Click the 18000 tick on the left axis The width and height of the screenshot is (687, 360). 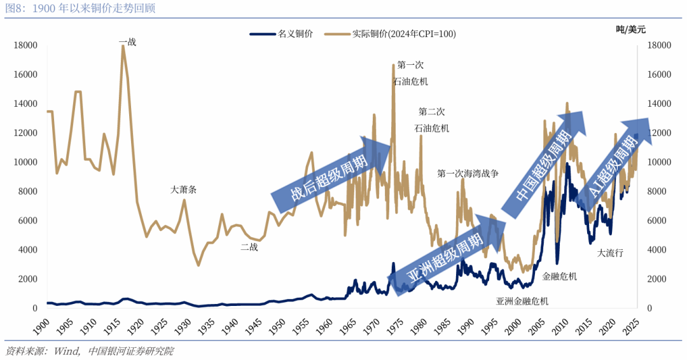(27, 46)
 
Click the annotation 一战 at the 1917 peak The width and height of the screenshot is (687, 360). (127, 42)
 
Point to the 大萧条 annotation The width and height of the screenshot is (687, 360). (183, 190)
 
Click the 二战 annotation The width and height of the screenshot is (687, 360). (249, 247)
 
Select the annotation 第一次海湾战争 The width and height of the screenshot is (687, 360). (468, 173)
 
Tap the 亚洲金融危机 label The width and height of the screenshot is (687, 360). (522, 301)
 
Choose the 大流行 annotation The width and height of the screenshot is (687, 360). (610, 253)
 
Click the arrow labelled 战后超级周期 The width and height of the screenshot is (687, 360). (331, 169)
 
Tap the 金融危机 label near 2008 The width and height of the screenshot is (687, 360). (559, 276)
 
